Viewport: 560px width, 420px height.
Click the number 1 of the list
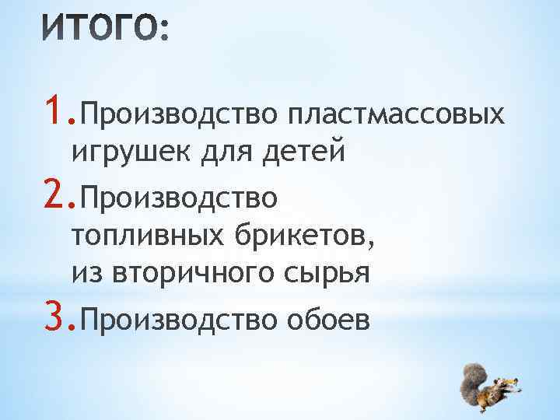[53, 114]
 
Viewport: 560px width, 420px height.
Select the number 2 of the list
[53, 198]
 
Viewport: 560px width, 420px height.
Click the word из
[87, 273]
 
